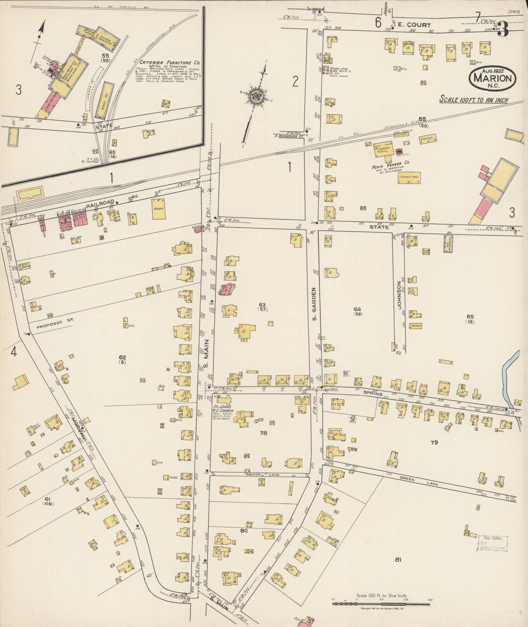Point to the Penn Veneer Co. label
pyautogui.click(x=386, y=167)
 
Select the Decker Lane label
pyautogui.click(x=258, y=474)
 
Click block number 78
pyautogui.click(x=263, y=433)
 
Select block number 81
pyautogui.click(x=398, y=559)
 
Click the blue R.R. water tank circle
pyautogui.click(x=96, y=160)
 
